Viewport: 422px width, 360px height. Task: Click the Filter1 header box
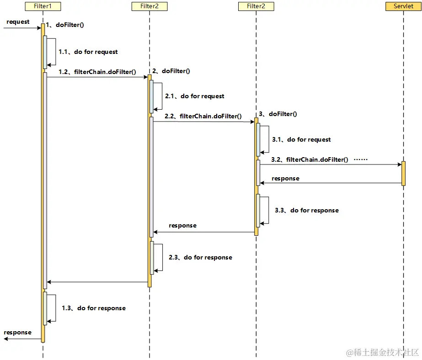point(43,6)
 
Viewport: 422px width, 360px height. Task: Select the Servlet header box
point(403,6)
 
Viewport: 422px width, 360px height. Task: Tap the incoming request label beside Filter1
point(18,21)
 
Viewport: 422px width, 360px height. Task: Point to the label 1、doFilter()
point(65,25)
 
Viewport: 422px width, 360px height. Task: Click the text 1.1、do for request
point(88,52)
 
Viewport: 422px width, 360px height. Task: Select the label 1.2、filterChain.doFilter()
point(97,72)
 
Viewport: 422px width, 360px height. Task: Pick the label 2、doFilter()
point(171,71)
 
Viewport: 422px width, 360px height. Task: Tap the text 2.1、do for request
point(194,96)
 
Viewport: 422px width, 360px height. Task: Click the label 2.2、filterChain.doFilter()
point(203,116)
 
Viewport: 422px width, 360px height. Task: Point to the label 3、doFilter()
point(278,114)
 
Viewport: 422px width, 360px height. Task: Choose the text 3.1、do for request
point(301,139)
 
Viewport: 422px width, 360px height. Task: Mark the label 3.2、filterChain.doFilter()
point(310,159)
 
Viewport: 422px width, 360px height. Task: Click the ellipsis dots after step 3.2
point(361,160)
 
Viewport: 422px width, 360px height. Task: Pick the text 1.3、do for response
point(93,308)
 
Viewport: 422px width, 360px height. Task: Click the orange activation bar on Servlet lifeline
point(403,173)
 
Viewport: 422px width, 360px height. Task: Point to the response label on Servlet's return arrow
point(285,178)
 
